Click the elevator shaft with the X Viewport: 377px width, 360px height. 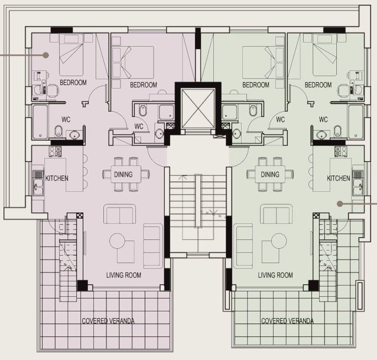coord(198,109)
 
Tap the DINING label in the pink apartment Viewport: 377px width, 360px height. coord(123,174)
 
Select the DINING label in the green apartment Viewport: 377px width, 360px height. coord(270,174)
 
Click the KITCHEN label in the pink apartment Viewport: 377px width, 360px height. coord(57,178)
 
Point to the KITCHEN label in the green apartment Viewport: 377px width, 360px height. coord(338,178)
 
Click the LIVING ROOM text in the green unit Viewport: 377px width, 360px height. coord(275,275)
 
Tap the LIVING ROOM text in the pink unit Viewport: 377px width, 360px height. coord(123,275)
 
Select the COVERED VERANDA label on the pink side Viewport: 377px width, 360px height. coord(108,321)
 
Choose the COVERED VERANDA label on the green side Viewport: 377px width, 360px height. coord(287,321)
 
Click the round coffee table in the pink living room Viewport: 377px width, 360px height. coord(118,241)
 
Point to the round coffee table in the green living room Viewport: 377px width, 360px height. coord(279,241)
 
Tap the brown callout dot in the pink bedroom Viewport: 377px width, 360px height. coord(45,55)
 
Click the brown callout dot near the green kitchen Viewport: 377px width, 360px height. coord(340,204)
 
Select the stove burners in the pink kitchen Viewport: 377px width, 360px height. coord(56,151)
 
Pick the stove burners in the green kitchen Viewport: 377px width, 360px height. coord(341,151)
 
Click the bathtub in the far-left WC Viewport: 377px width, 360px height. coord(40,122)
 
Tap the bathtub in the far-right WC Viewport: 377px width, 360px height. coord(356,122)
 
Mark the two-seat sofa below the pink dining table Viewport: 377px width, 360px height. coord(120,214)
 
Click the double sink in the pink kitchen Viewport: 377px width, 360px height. coord(38,187)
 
